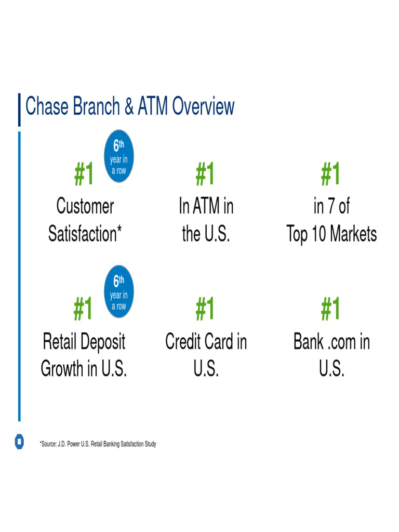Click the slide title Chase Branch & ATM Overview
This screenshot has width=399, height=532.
tap(130, 107)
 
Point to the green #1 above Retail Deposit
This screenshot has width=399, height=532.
tap(83, 309)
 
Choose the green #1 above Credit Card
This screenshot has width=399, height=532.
tap(206, 309)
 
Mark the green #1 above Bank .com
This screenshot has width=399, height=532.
tap(331, 309)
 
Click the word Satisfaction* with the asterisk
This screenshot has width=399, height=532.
tap(85, 234)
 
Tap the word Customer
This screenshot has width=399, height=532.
tap(85, 206)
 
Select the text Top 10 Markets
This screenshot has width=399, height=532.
tap(331, 234)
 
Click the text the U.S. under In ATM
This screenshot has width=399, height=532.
tap(206, 234)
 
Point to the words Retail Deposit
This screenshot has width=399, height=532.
tap(84, 342)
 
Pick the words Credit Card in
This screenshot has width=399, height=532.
tap(206, 342)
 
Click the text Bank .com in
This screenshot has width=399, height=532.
tap(331, 342)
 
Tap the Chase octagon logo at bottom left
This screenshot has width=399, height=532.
tap(19, 442)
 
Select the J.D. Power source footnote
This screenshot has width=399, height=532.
tap(98, 444)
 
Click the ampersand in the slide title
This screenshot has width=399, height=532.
tap(129, 107)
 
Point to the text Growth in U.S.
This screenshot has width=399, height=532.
tap(84, 369)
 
